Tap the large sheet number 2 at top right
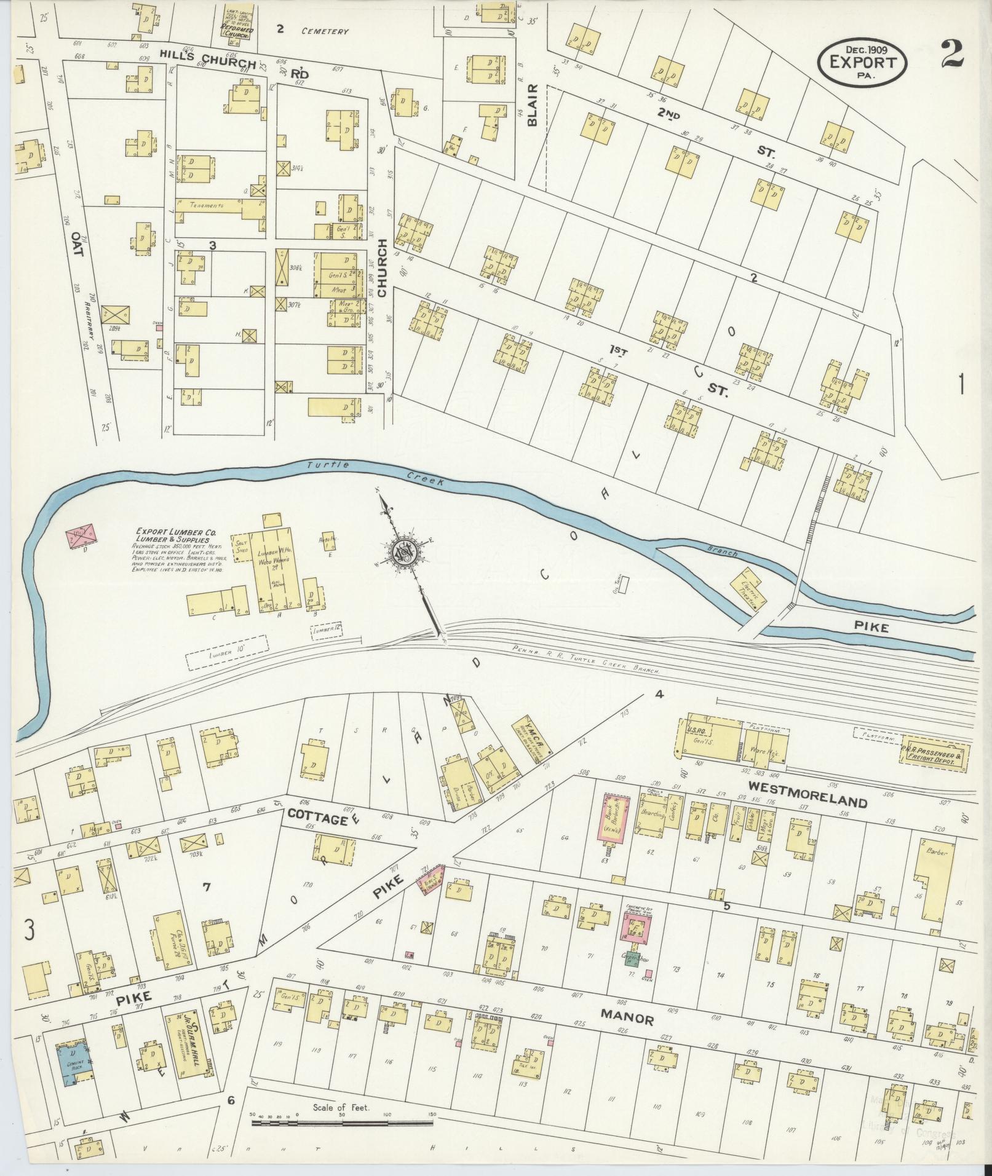click(951, 55)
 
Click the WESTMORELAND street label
click(807, 802)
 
